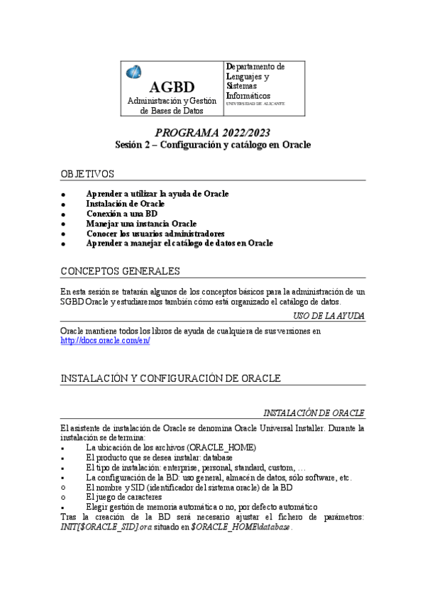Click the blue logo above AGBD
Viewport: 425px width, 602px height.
tap(133, 72)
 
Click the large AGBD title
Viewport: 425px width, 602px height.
tap(172, 87)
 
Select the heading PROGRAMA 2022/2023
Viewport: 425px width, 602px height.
tap(213, 133)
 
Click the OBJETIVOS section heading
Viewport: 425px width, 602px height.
tap(87, 174)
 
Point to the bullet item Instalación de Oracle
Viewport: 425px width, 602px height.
tap(126, 204)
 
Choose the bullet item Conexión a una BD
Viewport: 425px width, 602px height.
tap(121, 214)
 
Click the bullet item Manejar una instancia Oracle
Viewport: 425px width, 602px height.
tap(141, 224)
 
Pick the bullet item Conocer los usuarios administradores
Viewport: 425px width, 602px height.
tap(155, 234)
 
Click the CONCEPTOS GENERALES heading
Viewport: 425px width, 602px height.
tap(120, 272)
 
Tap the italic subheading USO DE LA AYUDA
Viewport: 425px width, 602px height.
tap(329, 315)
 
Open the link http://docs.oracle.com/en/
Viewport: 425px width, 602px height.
tap(105, 341)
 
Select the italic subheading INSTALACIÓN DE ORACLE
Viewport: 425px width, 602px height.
tap(314, 413)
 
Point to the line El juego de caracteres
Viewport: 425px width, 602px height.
tap(132, 498)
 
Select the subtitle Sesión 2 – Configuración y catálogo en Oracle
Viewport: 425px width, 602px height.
tap(213, 144)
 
